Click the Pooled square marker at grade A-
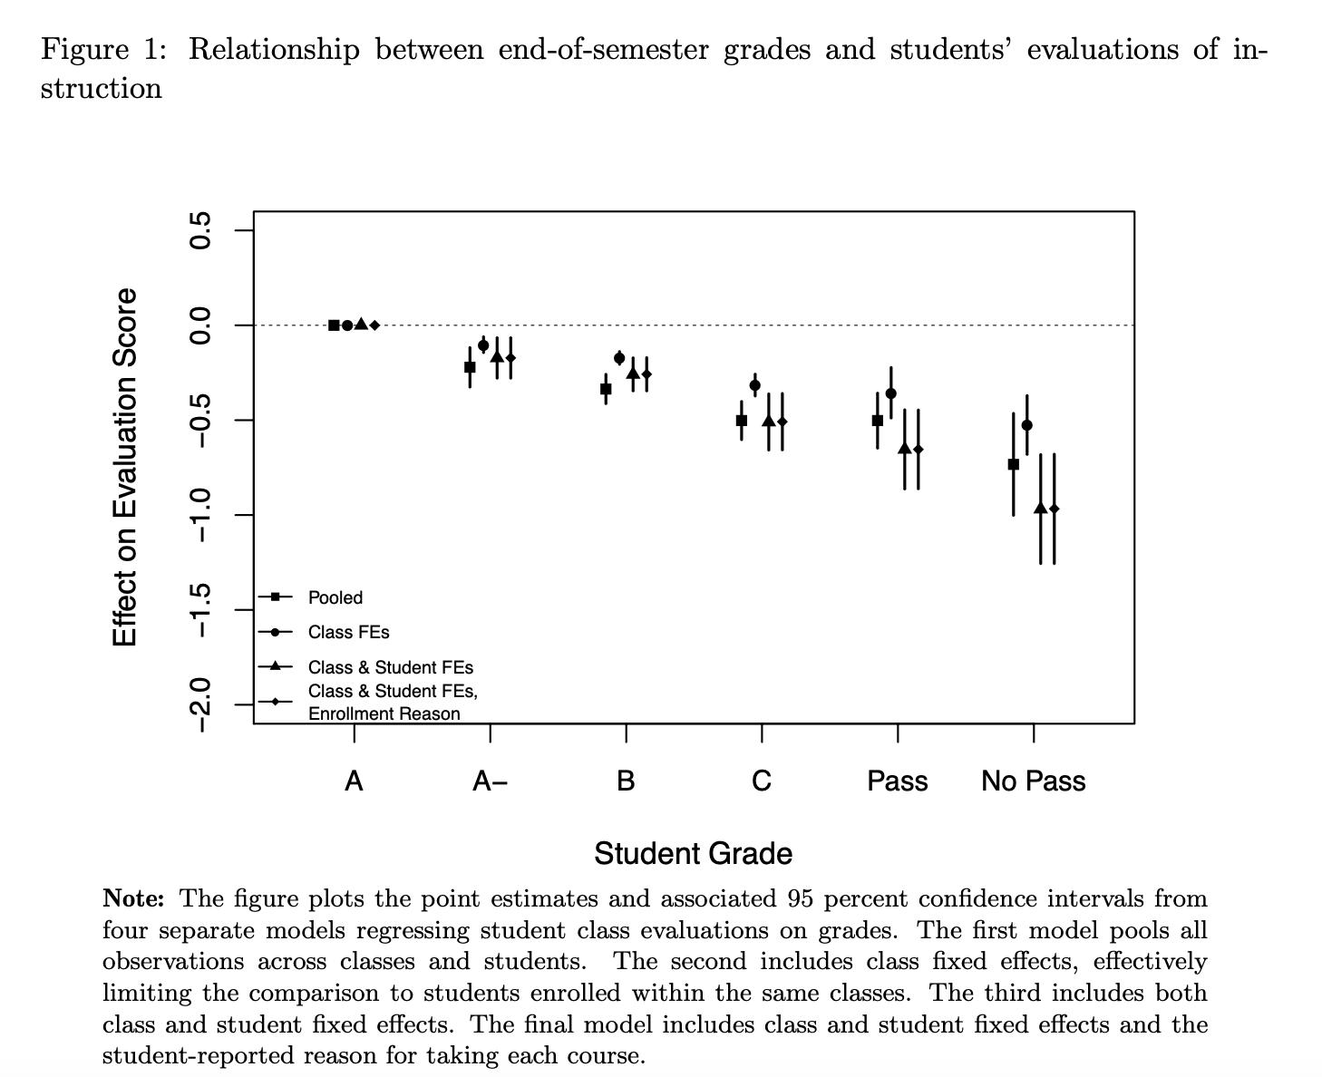click(470, 367)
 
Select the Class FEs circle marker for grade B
click(618, 358)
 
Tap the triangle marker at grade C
click(768, 421)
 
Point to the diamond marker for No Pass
click(1054, 509)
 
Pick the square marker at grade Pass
click(878, 421)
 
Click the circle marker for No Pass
click(1026, 425)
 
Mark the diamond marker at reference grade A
click(374, 325)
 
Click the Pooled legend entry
click(335, 597)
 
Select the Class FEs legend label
click(349, 632)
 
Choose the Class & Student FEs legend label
click(391, 667)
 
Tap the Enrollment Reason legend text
click(384, 713)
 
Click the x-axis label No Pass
click(1034, 781)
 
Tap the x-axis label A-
click(491, 781)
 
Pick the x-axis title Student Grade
click(694, 854)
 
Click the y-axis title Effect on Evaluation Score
click(125, 467)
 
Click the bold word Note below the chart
click(133, 898)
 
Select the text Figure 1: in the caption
click(103, 50)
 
